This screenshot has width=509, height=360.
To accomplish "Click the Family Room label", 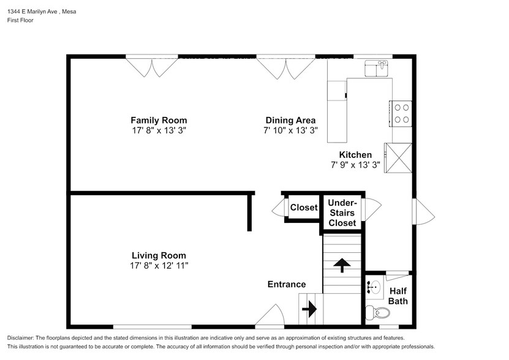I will coord(159,120).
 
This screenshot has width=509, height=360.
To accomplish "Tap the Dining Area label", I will coord(290,120).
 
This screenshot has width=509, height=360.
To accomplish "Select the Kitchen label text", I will coord(355,155).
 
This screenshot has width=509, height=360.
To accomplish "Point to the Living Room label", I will coord(159,255).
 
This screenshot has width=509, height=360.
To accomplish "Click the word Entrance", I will coord(286,284).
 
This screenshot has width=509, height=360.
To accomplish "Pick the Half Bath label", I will coord(398,296).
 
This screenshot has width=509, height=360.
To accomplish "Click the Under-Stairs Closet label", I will coord(342,212).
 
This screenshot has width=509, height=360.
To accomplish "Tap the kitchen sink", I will coord(377,68).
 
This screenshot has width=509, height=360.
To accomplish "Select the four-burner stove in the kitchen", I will coord(401,113).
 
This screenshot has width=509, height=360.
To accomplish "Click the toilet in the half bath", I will coord(377,313).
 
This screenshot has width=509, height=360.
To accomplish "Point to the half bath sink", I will coord(373,285).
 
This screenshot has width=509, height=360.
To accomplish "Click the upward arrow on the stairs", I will coord(341,265).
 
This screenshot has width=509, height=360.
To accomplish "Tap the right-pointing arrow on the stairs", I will coord(310,309).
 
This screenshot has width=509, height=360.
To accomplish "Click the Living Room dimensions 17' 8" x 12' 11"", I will coord(159,266).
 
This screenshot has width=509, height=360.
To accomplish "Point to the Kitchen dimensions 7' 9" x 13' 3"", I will coord(355,165).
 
